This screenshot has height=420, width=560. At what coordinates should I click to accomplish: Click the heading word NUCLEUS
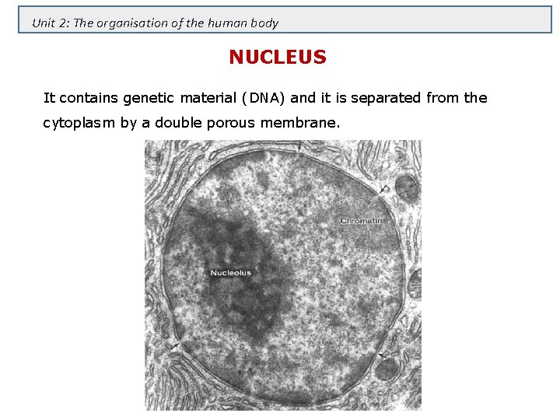pyautogui.click(x=278, y=58)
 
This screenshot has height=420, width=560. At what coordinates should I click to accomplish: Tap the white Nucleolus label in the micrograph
pyautogui.click(x=230, y=273)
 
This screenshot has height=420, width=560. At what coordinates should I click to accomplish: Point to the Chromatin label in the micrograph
pyautogui.click(x=361, y=221)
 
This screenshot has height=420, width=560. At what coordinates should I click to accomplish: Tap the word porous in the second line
pyautogui.click(x=220, y=124)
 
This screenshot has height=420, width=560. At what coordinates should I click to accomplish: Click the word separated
pyautogui.click(x=386, y=98)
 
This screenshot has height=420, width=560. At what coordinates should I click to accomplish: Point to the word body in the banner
pyautogui.click(x=264, y=23)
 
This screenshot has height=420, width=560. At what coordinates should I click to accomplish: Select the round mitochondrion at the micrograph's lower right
pyautogui.click(x=387, y=367)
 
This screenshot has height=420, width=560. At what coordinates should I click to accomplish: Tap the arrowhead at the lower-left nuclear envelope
pyautogui.click(x=177, y=345)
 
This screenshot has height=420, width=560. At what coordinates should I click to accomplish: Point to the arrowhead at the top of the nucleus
pyautogui.click(x=299, y=147)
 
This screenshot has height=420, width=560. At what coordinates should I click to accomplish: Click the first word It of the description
pyautogui.click(x=49, y=98)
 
